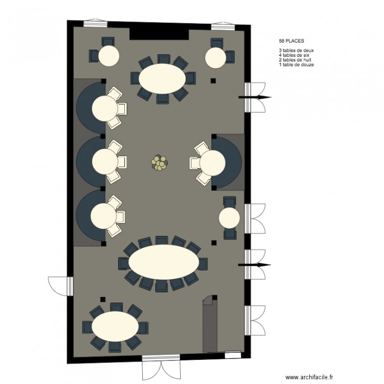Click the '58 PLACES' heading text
click(290, 39)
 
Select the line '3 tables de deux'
click(296, 50)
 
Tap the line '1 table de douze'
click(296, 65)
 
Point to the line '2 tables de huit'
click(296, 60)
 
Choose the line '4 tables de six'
click(295, 55)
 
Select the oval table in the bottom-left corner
click(115, 326)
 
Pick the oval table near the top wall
click(162, 78)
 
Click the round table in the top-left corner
click(109, 56)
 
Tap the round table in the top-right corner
click(216, 57)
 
